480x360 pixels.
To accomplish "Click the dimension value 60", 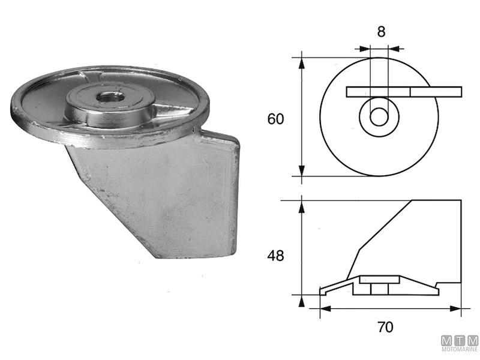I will [x=275, y=119].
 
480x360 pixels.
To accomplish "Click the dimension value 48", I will [x=275, y=255].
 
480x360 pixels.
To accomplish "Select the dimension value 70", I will [x=385, y=327].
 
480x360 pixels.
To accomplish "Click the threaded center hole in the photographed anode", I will [x=109, y=97].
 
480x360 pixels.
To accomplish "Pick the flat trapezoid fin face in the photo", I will [x=162, y=198].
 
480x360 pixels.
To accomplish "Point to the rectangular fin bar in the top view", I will [x=403, y=92].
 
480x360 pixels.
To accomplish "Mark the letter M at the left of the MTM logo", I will [x=446, y=340].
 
